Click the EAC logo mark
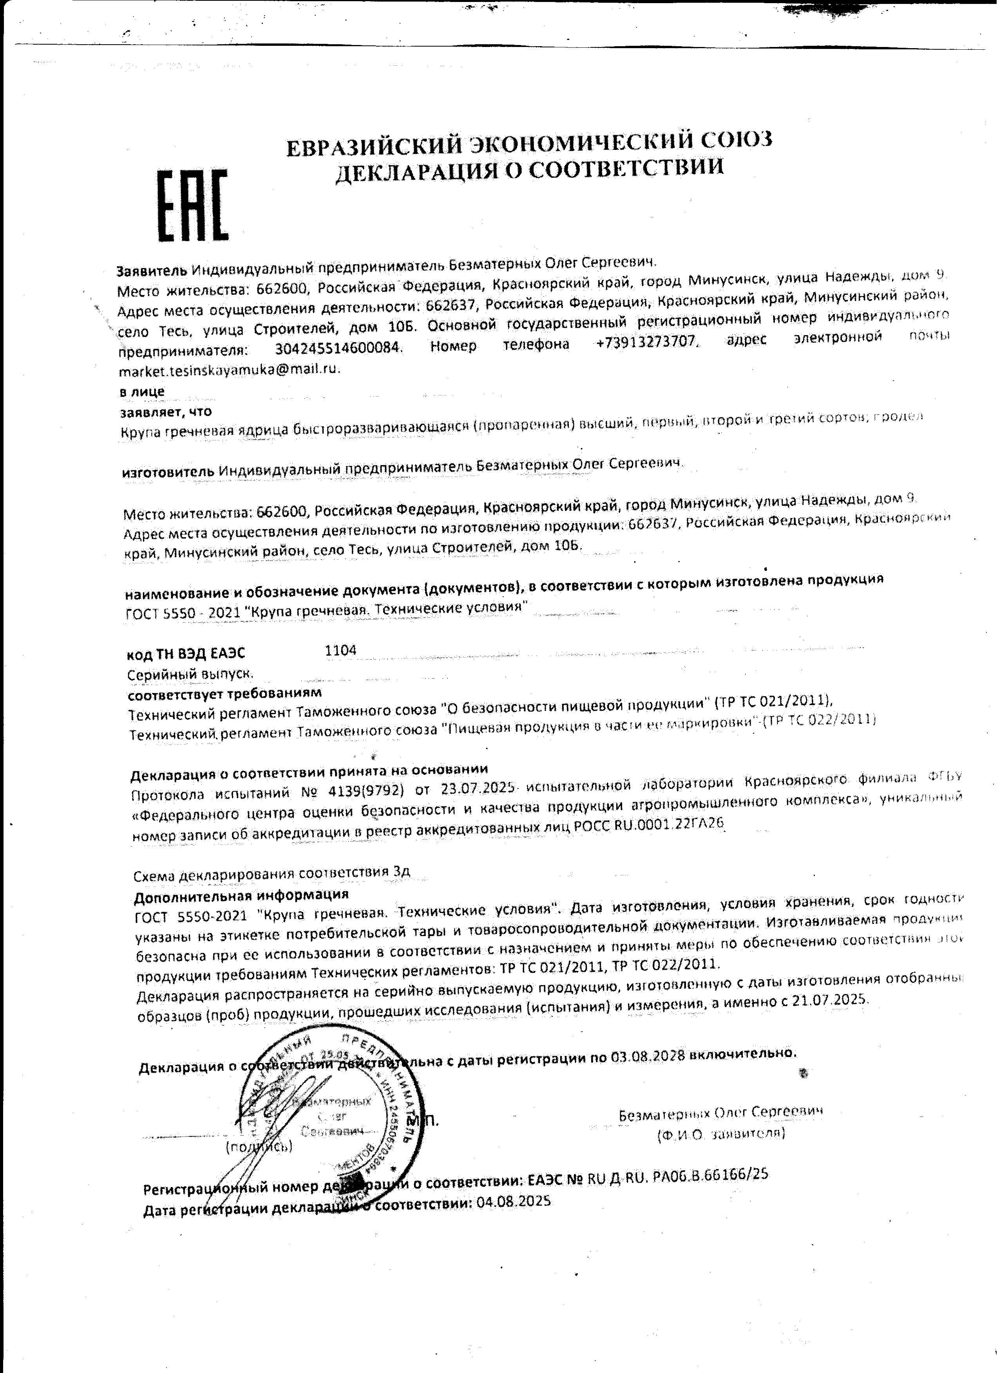pos(193,206)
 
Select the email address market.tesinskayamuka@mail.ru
pos(230,369)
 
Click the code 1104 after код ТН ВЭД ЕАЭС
pos(340,651)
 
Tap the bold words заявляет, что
pos(165,412)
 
